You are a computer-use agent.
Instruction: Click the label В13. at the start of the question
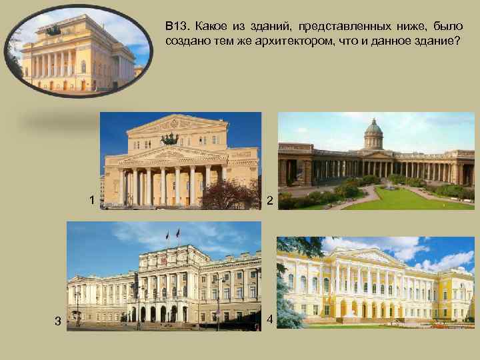[x=177, y=27]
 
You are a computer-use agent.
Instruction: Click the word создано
[x=185, y=41]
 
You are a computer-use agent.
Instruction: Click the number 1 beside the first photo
[x=91, y=200]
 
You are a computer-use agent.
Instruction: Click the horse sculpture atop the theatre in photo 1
[x=170, y=139]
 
